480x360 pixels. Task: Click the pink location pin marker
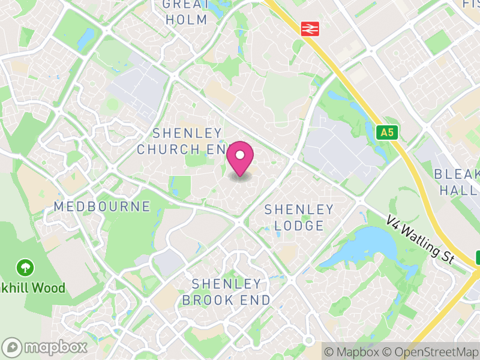coord(240,159)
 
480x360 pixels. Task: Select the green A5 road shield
coord(388,132)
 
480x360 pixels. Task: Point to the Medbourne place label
coord(102,206)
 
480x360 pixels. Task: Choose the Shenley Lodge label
coord(299,217)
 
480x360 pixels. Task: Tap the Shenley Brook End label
coord(227,291)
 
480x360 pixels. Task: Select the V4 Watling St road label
coord(420,238)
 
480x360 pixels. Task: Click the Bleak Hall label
coord(457,182)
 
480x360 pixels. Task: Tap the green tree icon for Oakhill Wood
coord(25,266)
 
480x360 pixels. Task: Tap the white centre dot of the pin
coord(240,155)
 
